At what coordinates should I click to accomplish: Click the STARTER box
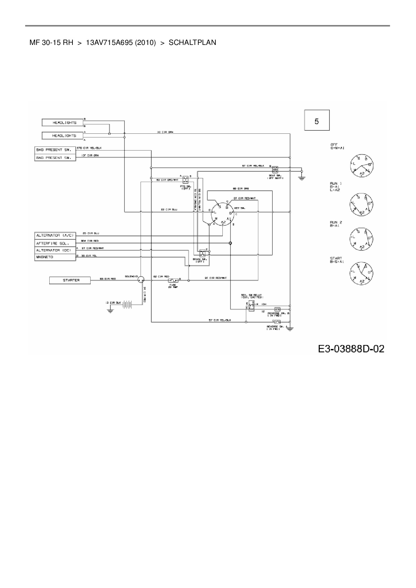(70, 280)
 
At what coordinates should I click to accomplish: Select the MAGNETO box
(55, 257)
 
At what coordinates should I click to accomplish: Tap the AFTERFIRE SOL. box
(55, 243)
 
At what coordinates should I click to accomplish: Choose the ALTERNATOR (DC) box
(55, 250)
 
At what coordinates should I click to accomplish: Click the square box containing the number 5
(317, 120)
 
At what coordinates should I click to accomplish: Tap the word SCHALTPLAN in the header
(192, 43)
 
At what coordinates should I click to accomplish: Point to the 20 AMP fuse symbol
(173, 280)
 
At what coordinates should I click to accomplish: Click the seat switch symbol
(275, 169)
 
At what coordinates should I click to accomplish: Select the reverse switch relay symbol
(250, 305)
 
